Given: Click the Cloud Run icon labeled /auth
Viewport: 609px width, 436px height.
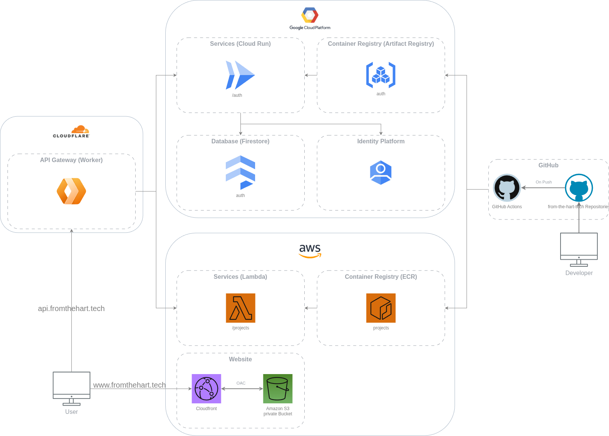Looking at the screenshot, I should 240,75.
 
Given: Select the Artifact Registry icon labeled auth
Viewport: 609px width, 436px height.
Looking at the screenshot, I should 381,75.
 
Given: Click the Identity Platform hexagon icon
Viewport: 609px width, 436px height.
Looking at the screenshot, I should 381,173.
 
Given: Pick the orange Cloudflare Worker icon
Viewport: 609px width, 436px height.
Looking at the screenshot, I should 71,191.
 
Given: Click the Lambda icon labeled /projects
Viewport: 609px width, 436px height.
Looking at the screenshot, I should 240,308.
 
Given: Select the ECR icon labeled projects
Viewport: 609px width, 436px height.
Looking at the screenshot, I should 381,308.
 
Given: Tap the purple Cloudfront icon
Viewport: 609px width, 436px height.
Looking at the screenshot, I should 206,389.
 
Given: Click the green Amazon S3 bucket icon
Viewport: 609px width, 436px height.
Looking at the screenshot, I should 278,389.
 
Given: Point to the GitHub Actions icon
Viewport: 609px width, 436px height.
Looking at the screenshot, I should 507,188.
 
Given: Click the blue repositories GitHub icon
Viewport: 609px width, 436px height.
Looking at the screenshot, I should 579,188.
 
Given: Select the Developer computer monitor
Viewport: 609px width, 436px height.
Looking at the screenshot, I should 579,248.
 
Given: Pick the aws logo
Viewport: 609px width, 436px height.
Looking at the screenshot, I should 310,251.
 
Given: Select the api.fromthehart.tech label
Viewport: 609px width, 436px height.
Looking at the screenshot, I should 71,308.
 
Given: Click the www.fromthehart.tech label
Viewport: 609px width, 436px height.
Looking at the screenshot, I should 129,385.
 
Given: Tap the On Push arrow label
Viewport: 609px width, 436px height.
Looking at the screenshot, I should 544,182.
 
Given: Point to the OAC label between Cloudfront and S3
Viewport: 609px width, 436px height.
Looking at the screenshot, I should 241,383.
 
